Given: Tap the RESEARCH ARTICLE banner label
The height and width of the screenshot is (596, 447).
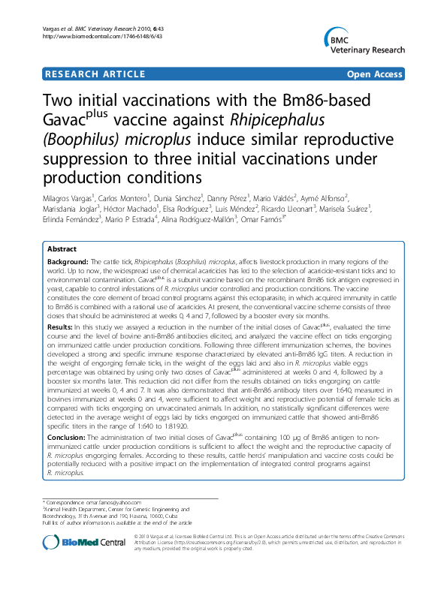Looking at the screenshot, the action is [x=95, y=74].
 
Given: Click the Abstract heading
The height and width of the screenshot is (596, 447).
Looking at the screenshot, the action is [x=62, y=248].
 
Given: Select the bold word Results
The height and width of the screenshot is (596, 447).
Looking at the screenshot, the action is [x=59, y=327].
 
